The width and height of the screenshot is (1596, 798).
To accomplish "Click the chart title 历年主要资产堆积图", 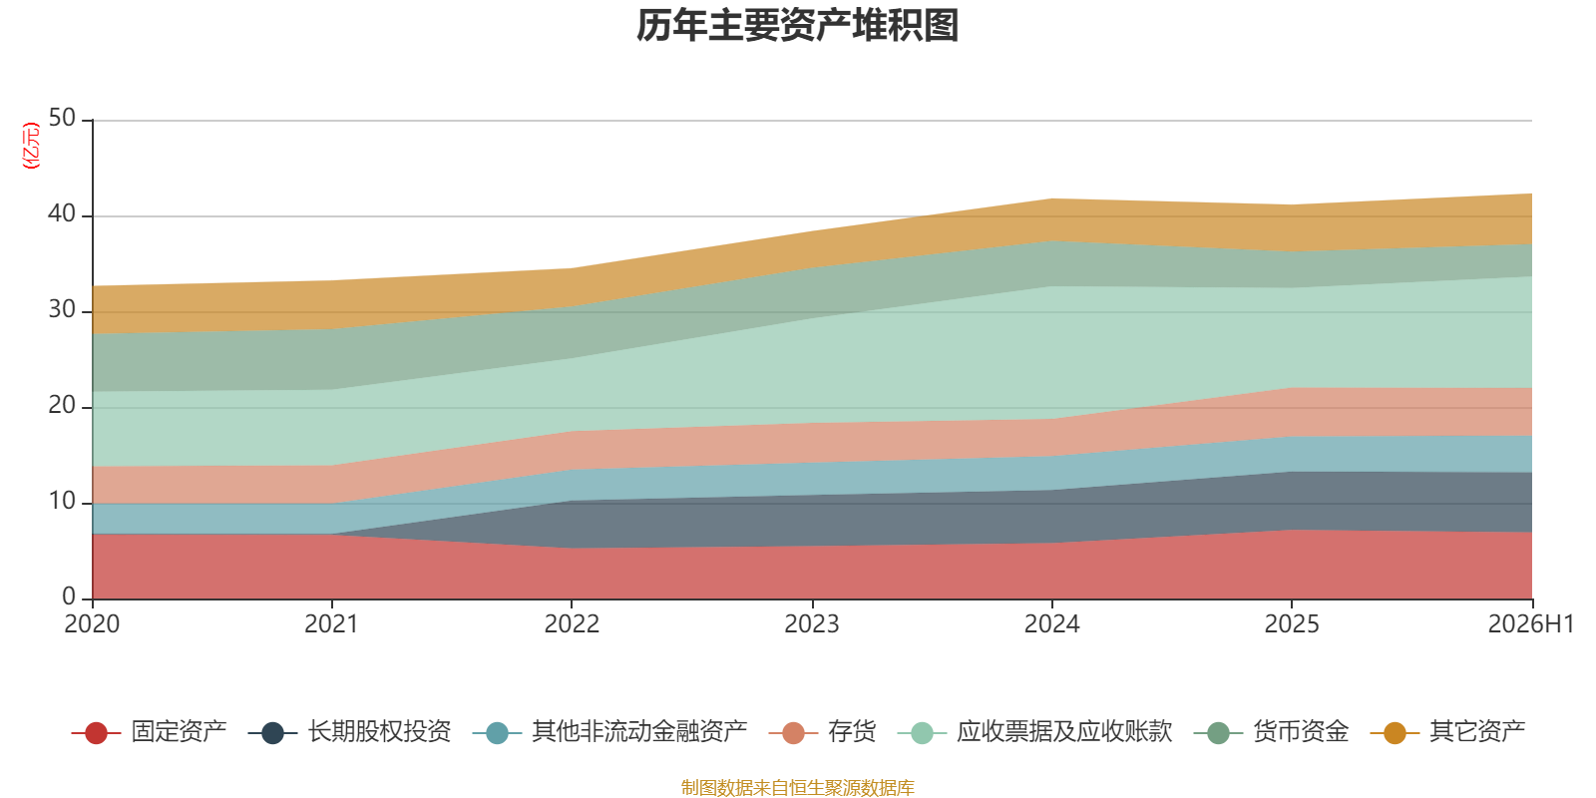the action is click(797, 26).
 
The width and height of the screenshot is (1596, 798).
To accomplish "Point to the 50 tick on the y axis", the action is click(62, 119).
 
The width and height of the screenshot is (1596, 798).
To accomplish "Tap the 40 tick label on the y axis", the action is click(62, 213).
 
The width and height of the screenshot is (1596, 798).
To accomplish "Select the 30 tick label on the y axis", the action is click(62, 310).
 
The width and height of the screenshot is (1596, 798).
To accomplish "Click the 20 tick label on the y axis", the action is click(62, 405).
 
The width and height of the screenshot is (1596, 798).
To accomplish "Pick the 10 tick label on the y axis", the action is click(62, 502).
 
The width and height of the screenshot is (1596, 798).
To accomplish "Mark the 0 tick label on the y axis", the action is click(69, 597).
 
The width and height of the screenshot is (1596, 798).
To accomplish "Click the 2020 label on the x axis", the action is click(92, 624).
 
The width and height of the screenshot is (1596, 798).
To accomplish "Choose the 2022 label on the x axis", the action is click(573, 624).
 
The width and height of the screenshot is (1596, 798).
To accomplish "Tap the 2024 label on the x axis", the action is click(1052, 624).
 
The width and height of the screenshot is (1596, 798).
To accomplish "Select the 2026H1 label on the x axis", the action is click(1531, 624).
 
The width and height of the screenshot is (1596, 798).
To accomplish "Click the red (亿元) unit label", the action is click(31, 146).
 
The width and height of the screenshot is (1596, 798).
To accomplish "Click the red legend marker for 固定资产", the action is click(96, 733).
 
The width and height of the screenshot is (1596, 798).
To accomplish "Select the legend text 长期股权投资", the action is click(380, 732).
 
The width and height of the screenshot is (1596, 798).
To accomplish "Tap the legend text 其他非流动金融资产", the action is click(639, 732).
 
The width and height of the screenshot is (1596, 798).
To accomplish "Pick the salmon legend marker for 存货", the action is click(793, 733).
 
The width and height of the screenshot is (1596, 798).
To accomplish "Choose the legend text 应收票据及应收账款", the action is click(1063, 732).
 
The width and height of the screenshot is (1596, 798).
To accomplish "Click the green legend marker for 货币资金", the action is click(1218, 733).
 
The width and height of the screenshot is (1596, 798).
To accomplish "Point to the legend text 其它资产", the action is click(1477, 732).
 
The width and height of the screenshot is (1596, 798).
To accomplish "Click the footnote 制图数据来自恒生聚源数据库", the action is click(797, 787).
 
